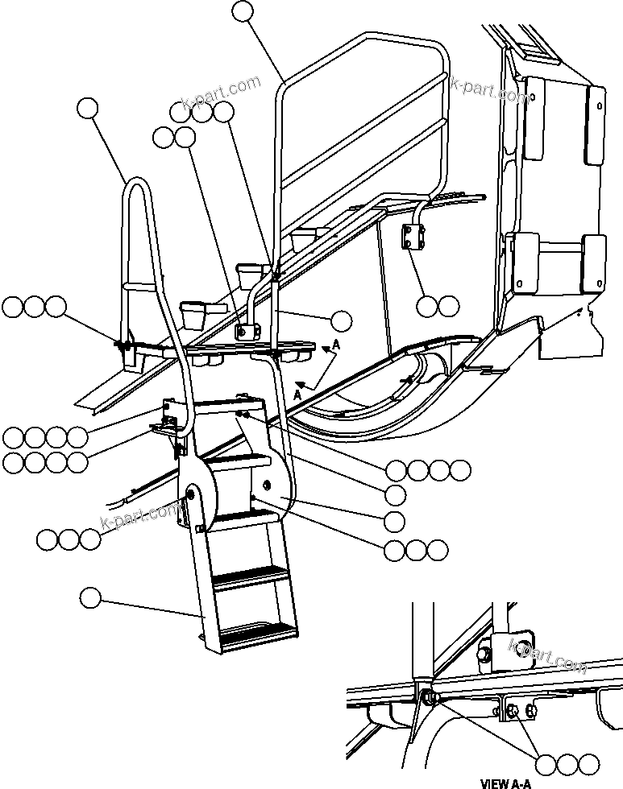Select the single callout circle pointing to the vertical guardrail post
pos(342,320)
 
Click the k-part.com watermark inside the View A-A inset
pos(548,655)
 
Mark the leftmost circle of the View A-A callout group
pos(547,763)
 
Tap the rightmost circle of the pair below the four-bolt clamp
pos(449,306)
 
